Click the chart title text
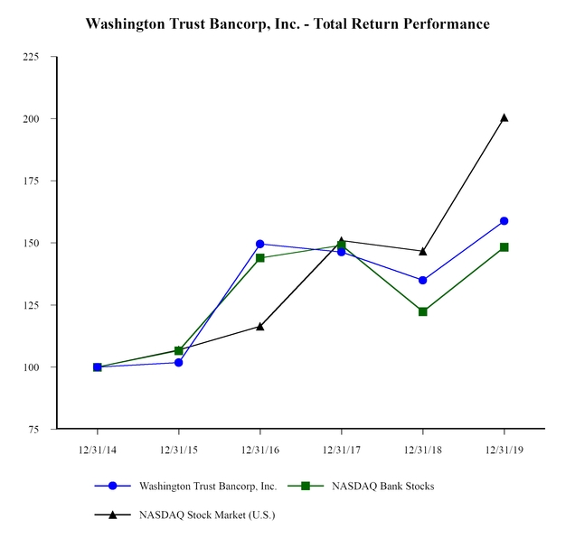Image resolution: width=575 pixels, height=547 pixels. (x=287, y=24)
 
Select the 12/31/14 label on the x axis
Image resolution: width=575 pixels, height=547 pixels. (x=97, y=449)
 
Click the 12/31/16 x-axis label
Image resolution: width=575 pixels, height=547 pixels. (x=259, y=449)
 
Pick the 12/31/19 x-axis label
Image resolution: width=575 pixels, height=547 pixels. (x=504, y=449)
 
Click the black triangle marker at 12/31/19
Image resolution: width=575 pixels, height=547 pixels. (x=504, y=117)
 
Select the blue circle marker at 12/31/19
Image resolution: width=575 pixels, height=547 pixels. (x=504, y=221)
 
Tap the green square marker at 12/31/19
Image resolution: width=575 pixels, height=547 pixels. (x=504, y=247)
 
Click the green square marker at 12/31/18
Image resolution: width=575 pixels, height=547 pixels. (x=423, y=311)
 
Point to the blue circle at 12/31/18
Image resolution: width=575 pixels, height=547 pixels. (x=423, y=281)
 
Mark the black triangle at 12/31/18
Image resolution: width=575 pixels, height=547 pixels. (x=423, y=251)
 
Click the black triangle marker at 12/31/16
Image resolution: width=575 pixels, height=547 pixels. (x=260, y=326)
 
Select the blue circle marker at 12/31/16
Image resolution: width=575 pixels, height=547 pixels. (x=260, y=244)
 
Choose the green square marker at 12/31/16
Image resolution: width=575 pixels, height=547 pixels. (x=260, y=258)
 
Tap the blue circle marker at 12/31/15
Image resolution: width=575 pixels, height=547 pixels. (x=179, y=363)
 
